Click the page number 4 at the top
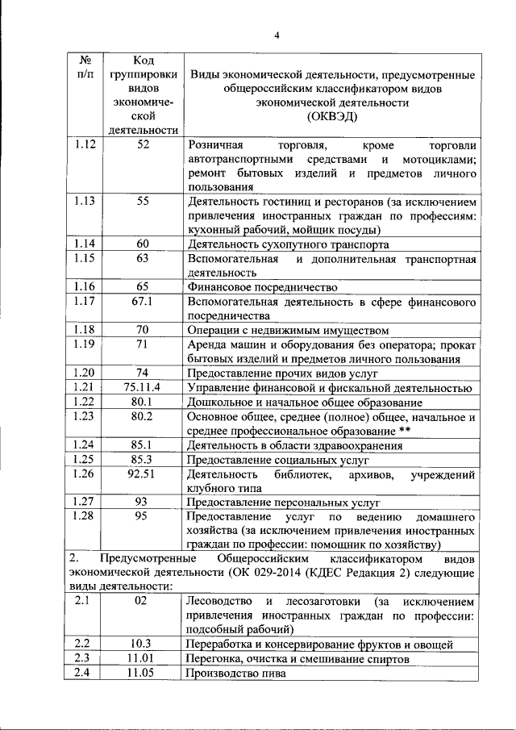(276, 35)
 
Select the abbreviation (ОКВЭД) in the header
(331, 117)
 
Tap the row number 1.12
(85, 144)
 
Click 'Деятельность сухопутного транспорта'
(288, 244)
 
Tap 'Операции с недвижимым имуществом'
(288, 330)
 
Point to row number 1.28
(85, 515)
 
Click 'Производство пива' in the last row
(235, 674)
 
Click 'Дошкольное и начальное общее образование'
(305, 402)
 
